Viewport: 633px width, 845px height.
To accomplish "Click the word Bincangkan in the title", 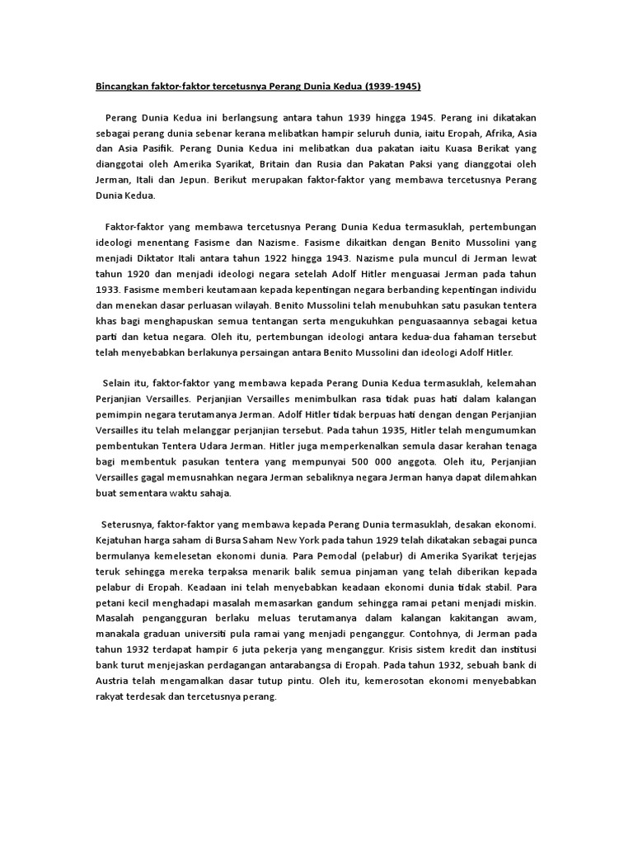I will pos(119,87).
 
